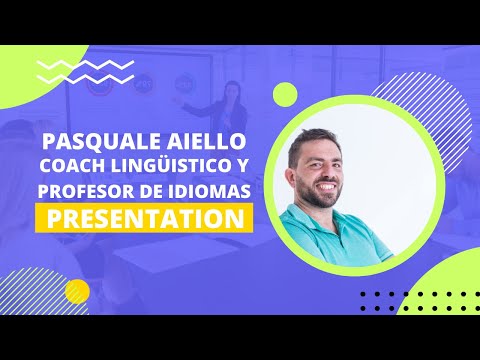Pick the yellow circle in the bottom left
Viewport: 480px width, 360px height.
[x=77, y=291]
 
